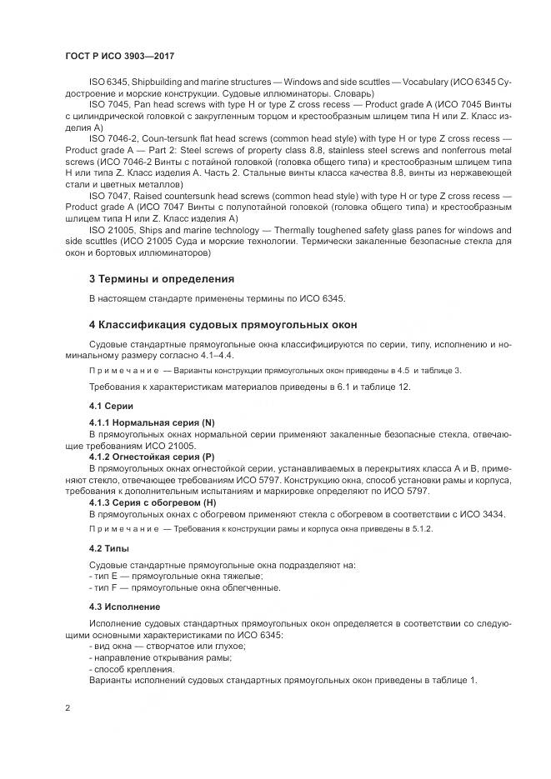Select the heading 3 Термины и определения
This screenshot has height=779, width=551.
162,277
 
